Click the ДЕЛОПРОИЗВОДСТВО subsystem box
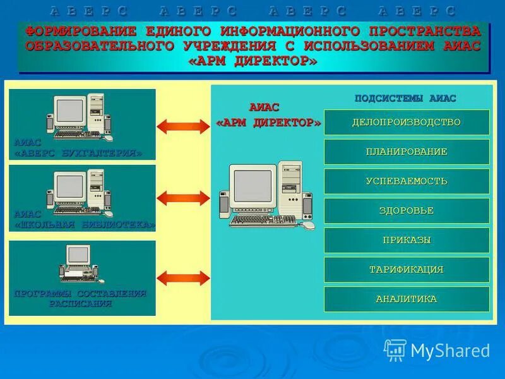[407, 122]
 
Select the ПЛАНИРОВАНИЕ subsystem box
[407, 152]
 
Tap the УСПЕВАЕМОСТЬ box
[407, 181]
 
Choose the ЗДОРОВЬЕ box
[407, 210]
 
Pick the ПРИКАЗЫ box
[407, 240]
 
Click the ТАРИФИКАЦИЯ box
[407, 270]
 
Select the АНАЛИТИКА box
[407, 299]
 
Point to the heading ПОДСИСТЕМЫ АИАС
[405, 99]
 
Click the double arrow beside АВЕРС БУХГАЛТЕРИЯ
[182, 126]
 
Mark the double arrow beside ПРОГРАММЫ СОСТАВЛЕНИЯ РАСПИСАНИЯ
[182, 277]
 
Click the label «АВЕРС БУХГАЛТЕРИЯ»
[78, 153]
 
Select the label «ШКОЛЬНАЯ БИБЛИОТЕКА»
[85, 224]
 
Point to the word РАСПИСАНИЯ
[81, 304]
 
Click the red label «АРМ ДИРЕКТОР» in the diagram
[268, 123]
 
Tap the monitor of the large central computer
[252, 186]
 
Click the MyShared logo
[437, 349]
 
